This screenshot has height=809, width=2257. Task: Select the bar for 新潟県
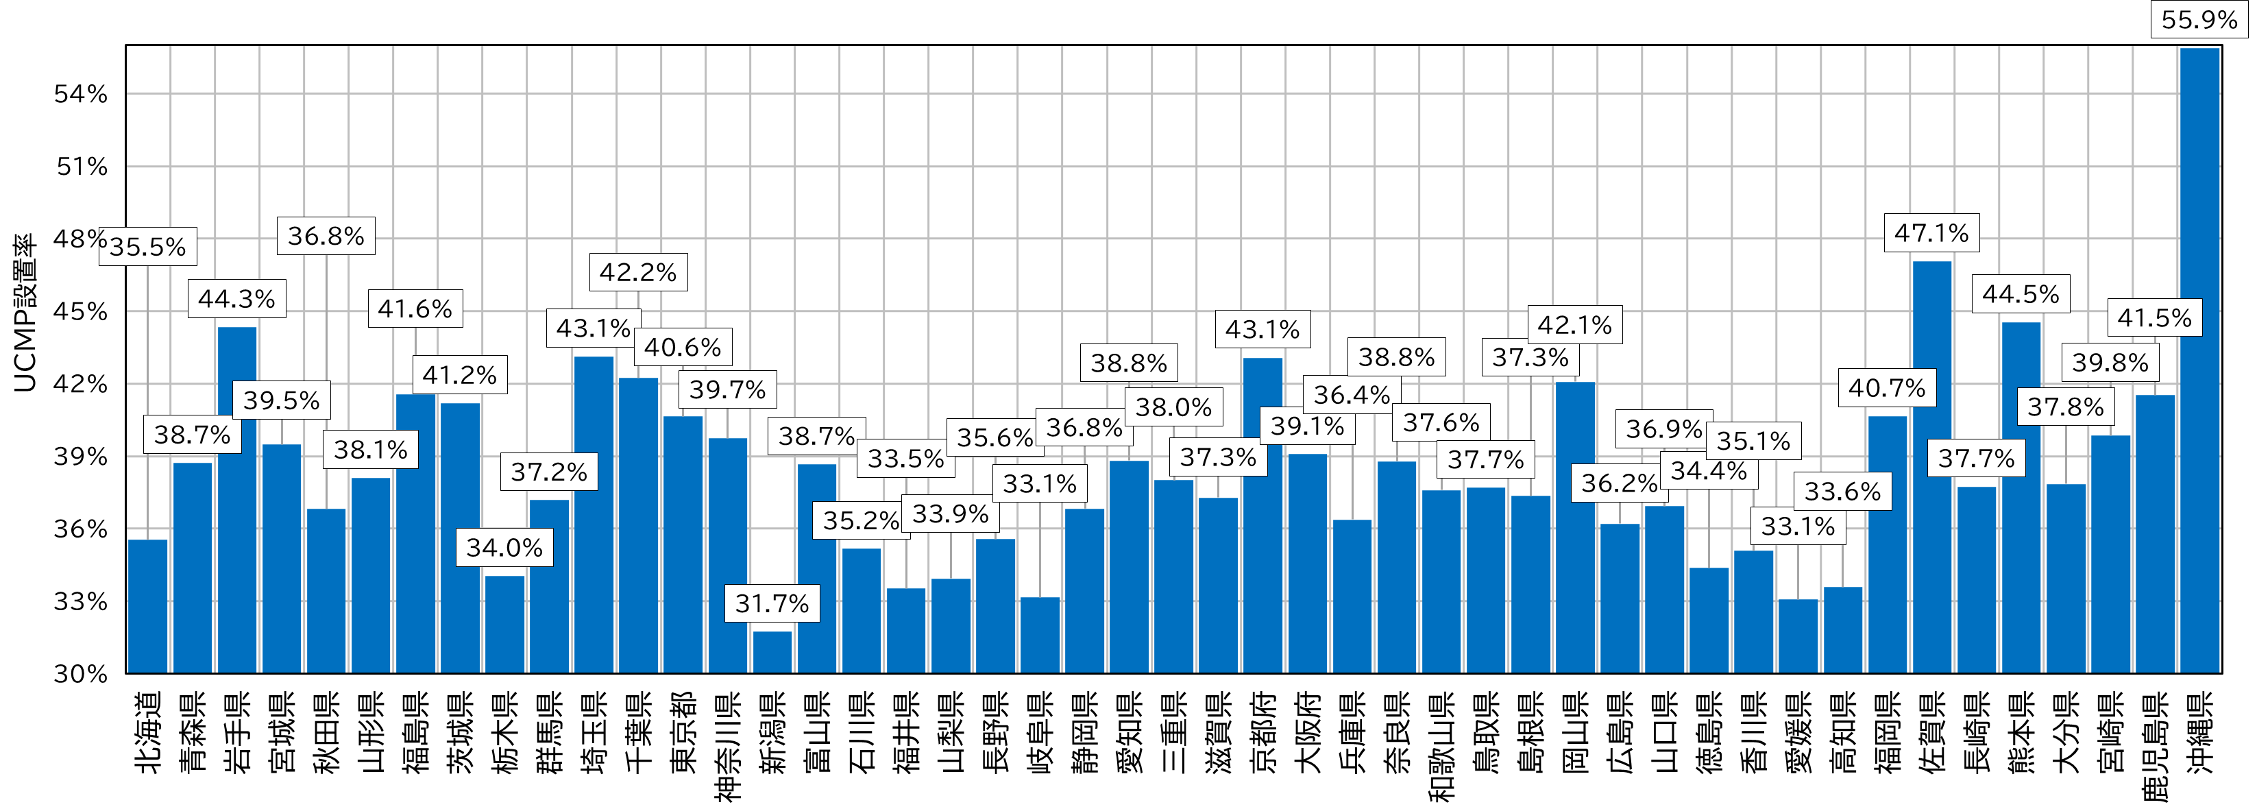pyautogui.click(x=772, y=652)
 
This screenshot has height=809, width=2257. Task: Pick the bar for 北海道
pyautogui.click(x=147, y=605)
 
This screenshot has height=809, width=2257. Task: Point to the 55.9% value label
pyautogui.click(x=2199, y=19)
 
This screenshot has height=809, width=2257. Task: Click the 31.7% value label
pyautogui.click(x=772, y=603)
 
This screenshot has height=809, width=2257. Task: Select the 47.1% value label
pyautogui.click(x=1931, y=233)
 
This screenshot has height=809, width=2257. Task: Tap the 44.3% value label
pyautogui.click(x=236, y=299)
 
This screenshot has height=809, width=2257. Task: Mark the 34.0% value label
pyautogui.click(x=504, y=548)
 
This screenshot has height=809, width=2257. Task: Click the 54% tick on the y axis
pyautogui.click(x=81, y=94)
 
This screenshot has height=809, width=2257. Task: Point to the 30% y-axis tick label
pyautogui.click(x=81, y=674)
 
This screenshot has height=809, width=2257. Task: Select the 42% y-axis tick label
pyautogui.click(x=81, y=384)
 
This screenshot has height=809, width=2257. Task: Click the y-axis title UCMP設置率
pyautogui.click(x=25, y=313)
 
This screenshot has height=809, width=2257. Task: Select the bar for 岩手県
pyautogui.click(x=236, y=500)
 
